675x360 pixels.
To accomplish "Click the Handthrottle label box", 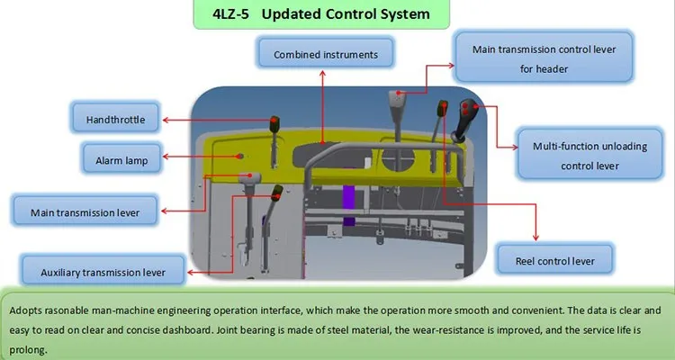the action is (114, 119).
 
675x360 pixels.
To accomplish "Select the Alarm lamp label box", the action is (114, 161).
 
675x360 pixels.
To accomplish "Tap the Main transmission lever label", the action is (85, 212).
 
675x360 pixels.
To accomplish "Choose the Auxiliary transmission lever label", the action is (103, 270).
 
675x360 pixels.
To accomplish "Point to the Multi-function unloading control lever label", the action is (589, 153).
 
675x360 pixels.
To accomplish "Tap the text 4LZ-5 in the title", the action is (228, 15).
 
